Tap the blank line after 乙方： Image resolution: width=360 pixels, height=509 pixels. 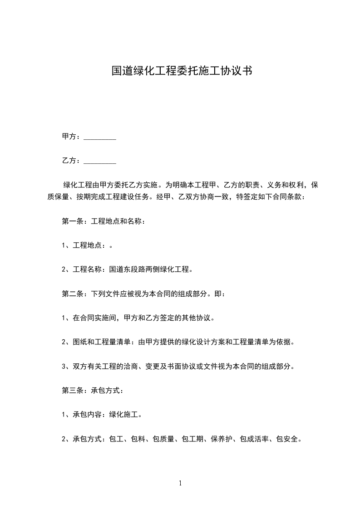100,161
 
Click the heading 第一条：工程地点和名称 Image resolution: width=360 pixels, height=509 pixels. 104,222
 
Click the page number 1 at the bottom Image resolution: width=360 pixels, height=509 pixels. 180,484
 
